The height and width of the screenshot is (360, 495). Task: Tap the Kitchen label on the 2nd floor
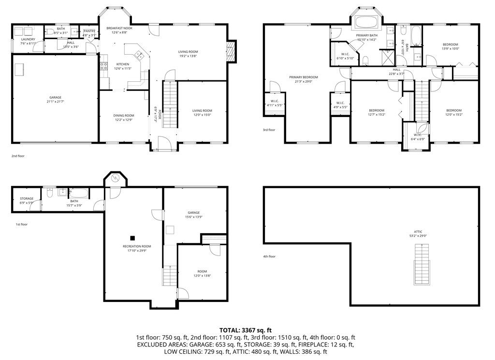pos(122,64)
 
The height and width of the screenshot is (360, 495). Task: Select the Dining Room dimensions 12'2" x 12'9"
pos(124,120)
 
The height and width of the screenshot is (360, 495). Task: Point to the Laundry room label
pos(28,39)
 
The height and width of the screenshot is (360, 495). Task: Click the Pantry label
pos(89,31)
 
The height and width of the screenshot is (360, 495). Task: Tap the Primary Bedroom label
pos(304,77)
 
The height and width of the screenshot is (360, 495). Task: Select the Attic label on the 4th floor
pos(418,232)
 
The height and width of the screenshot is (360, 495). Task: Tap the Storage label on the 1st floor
pos(27,198)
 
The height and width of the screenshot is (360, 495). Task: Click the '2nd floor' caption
pos(18,156)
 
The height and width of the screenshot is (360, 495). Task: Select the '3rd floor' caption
pos(269,130)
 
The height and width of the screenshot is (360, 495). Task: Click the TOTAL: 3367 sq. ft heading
pos(247,330)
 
